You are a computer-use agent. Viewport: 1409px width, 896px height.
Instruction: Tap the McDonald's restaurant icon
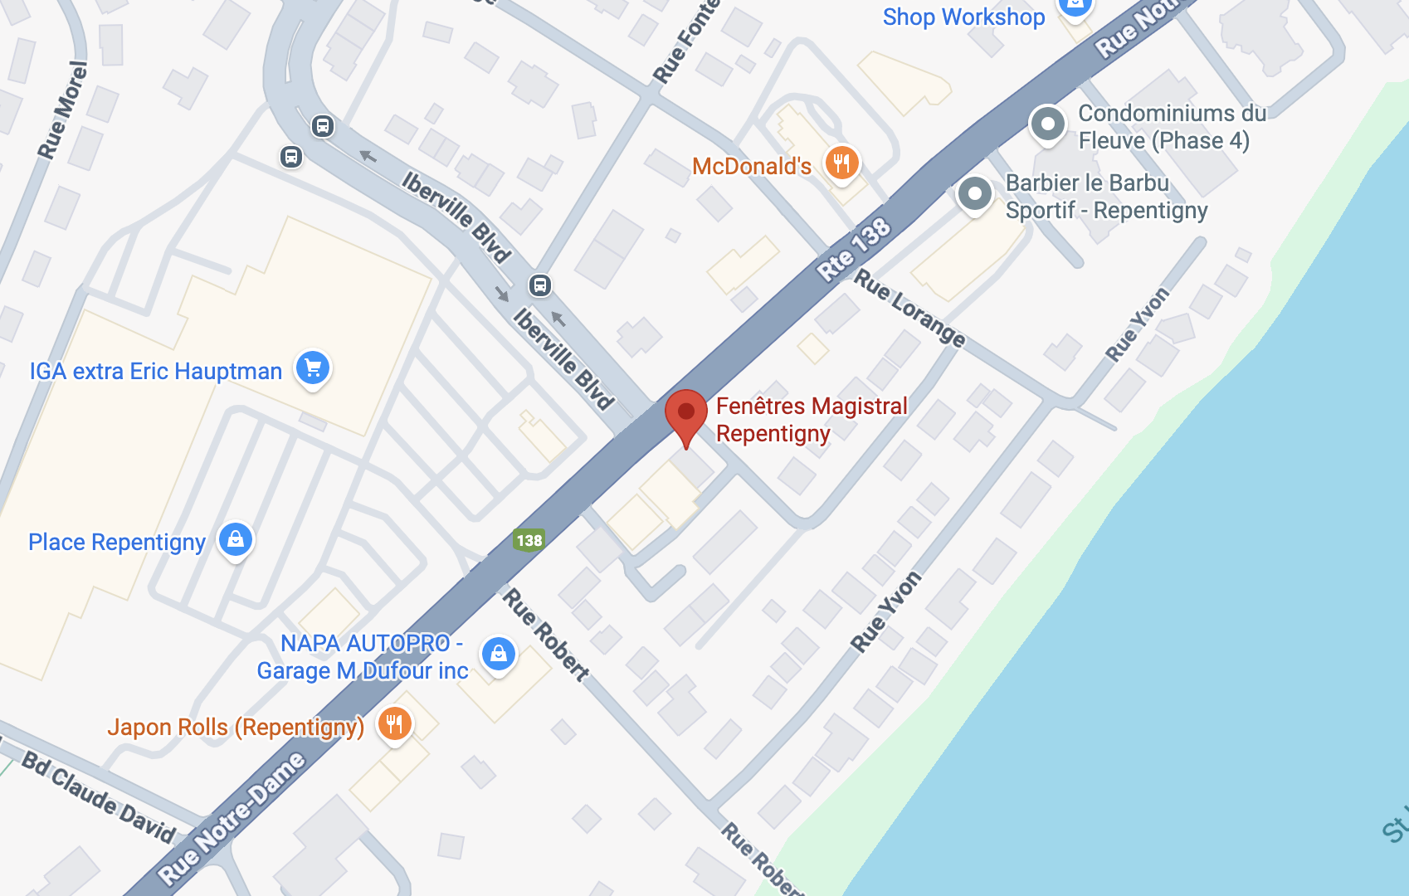pyautogui.click(x=841, y=163)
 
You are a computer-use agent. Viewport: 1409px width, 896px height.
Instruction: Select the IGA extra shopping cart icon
pyautogui.click(x=313, y=368)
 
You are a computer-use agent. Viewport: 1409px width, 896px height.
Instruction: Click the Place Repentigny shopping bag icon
pyautogui.click(x=236, y=539)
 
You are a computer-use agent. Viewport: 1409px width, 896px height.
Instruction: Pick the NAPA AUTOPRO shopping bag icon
pyautogui.click(x=499, y=654)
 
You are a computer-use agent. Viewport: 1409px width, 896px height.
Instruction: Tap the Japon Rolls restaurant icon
pyautogui.click(x=395, y=723)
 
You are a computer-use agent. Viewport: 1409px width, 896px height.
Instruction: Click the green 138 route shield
pyautogui.click(x=529, y=541)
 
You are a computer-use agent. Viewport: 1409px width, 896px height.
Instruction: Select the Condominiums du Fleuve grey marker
pyautogui.click(x=1047, y=124)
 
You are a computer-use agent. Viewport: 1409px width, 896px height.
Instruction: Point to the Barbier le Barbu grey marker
pyautogui.click(x=975, y=194)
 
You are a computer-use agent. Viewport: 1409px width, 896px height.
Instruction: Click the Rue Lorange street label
pyautogui.click(x=910, y=309)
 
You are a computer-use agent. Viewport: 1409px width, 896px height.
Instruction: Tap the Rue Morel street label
pyautogui.click(x=63, y=110)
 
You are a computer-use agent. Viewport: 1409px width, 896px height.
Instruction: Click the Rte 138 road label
pyautogui.click(x=854, y=248)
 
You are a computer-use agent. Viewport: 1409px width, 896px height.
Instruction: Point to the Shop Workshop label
pyautogui.click(x=963, y=17)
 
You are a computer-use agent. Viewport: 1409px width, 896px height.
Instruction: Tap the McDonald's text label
pyautogui.click(x=752, y=167)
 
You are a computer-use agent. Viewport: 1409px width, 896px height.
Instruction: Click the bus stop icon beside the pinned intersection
pyautogui.click(x=540, y=286)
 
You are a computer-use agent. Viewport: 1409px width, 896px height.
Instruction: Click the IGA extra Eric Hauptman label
pyautogui.click(x=156, y=371)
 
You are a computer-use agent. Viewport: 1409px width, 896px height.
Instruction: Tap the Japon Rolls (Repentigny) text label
pyautogui.click(x=236, y=728)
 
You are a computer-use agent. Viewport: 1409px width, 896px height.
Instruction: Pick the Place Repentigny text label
pyautogui.click(x=117, y=543)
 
